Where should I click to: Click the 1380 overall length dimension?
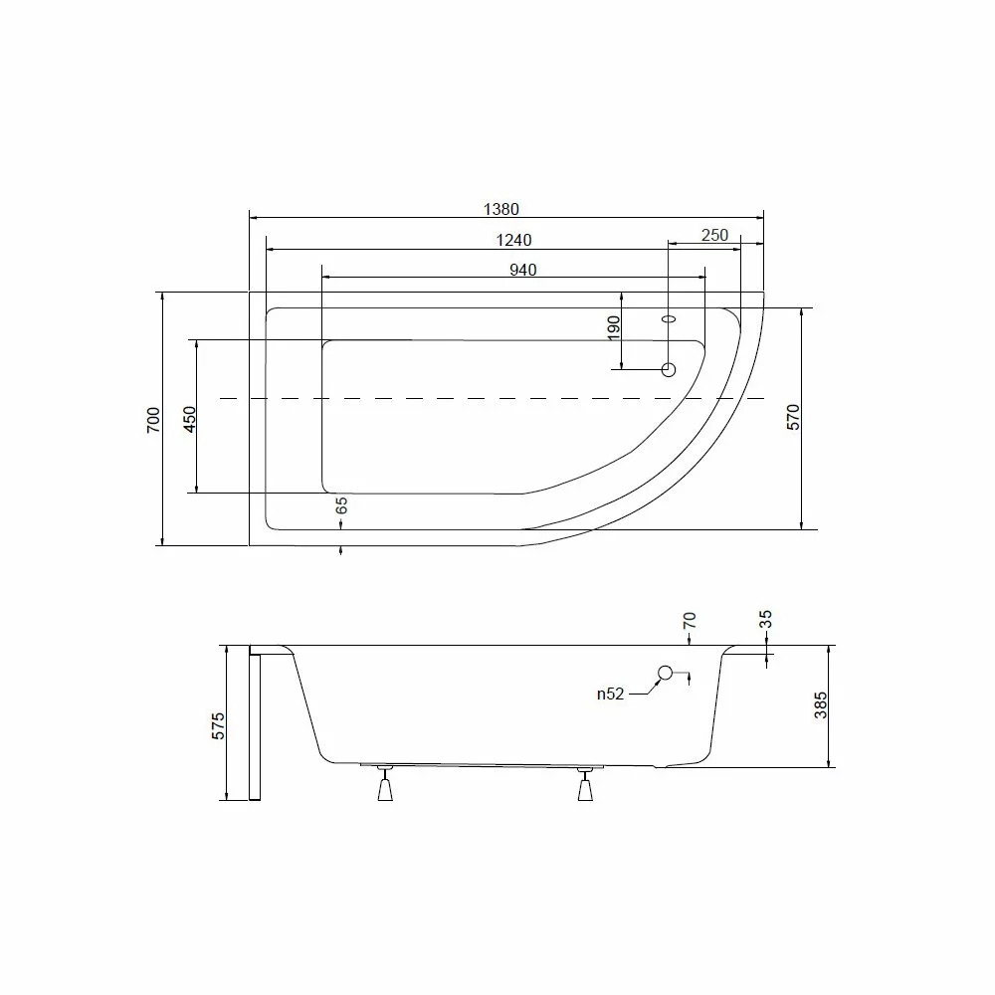pyautogui.click(x=501, y=209)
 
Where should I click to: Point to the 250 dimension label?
pyautogui.click(x=714, y=235)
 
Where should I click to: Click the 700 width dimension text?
pyautogui.click(x=152, y=419)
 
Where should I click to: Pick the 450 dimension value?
pyautogui.click(x=190, y=418)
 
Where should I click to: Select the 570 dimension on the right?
pyautogui.click(x=793, y=418)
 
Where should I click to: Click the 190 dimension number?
pyautogui.click(x=613, y=327)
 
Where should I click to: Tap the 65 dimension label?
pyautogui.click(x=341, y=505)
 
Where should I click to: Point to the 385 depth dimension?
pyautogui.click(x=821, y=706)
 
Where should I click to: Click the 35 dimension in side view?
pyautogui.click(x=765, y=620)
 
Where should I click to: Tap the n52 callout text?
pyautogui.click(x=610, y=695)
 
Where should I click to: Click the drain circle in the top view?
pyautogui.click(x=669, y=370)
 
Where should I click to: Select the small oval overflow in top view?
pyautogui.click(x=669, y=320)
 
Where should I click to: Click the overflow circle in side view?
pyautogui.click(x=666, y=674)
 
